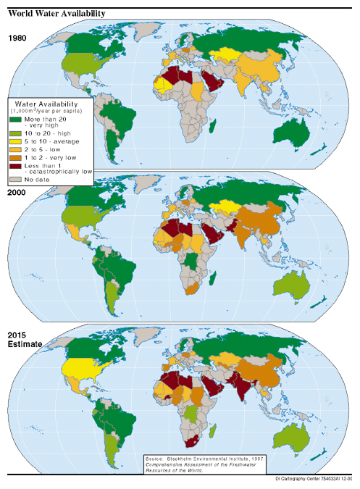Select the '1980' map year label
[x=19, y=38]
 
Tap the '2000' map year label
[x=19, y=192]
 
